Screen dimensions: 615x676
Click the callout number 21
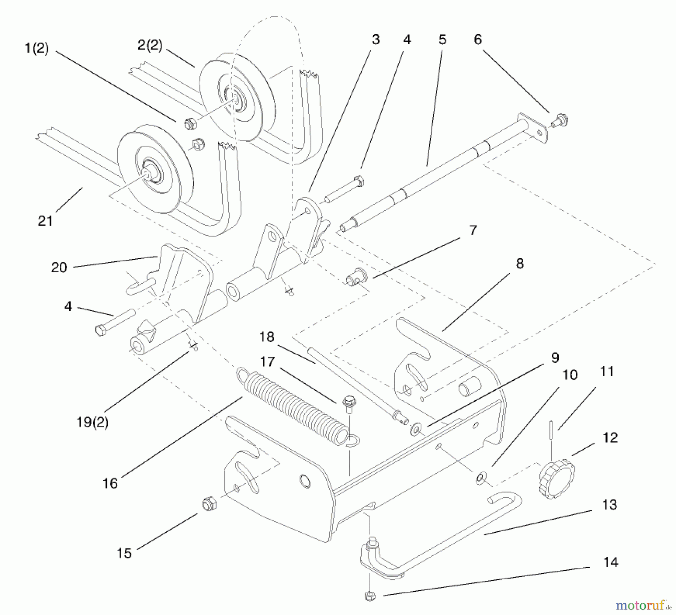(x=45, y=221)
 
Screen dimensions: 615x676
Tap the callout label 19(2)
(x=92, y=422)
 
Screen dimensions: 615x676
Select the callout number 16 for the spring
(x=110, y=483)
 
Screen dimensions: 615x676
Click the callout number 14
(x=610, y=562)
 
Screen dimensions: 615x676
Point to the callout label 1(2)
(x=36, y=48)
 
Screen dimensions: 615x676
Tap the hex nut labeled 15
(x=209, y=503)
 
